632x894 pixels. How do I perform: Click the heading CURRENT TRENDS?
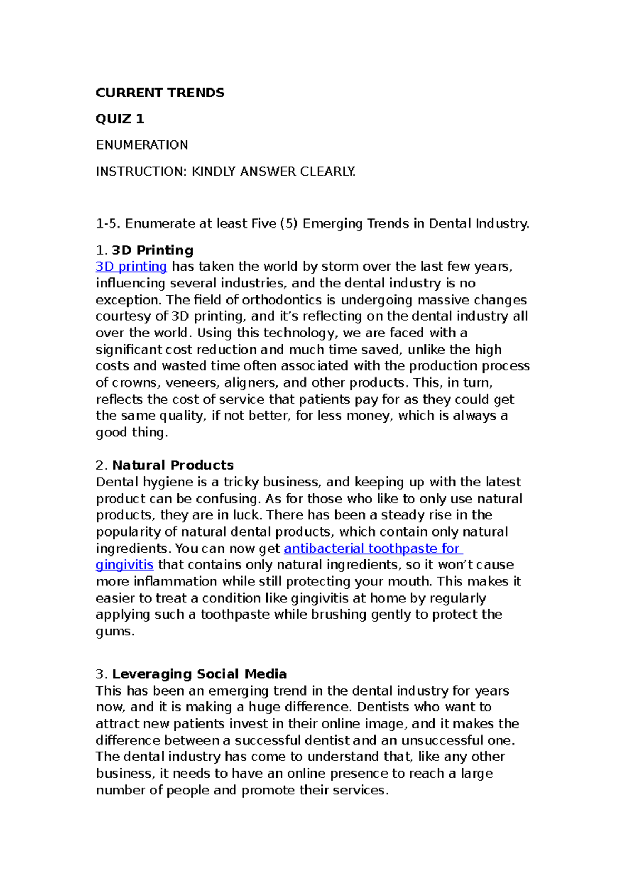point(160,93)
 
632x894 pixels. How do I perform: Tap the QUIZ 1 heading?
point(120,119)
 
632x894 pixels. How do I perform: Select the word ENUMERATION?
point(142,145)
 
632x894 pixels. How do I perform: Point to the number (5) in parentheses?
point(289,224)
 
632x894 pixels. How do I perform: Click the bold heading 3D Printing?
point(153,250)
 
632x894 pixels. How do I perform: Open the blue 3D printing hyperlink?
point(132,266)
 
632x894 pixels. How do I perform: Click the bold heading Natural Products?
point(173,465)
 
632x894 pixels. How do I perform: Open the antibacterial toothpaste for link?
point(373,549)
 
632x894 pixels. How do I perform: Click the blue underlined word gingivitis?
point(124,565)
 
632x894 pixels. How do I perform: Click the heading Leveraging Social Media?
point(199,674)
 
